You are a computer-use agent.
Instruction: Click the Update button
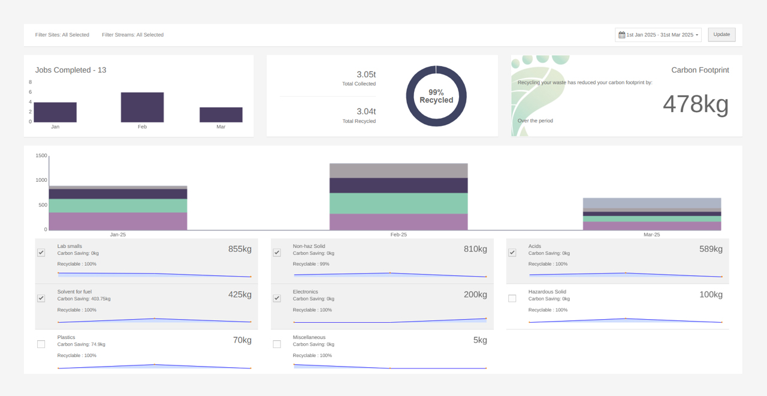(721, 35)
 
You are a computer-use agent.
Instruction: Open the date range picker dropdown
(658, 35)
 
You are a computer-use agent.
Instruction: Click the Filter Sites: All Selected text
(62, 35)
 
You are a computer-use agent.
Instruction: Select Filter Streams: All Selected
(132, 35)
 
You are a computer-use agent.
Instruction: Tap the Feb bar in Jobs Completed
(142, 107)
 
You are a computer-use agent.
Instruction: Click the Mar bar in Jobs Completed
(221, 115)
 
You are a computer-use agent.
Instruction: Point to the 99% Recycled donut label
(436, 96)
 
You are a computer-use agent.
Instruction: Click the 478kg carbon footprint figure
(695, 104)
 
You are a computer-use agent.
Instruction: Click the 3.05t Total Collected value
(366, 74)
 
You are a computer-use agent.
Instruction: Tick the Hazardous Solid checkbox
(512, 298)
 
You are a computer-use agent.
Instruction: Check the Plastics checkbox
(41, 344)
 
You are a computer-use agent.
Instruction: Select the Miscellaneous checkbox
(277, 344)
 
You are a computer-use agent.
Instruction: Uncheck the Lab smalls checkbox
(41, 253)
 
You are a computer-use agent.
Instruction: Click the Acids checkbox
(512, 253)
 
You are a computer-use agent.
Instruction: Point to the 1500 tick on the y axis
(41, 156)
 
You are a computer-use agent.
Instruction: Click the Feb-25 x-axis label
(398, 235)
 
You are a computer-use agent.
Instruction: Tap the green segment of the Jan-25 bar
(118, 206)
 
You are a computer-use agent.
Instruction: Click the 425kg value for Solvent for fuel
(240, 295)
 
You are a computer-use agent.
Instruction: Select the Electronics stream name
(306, 292)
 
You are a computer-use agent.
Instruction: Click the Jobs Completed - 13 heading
(71, 70)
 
